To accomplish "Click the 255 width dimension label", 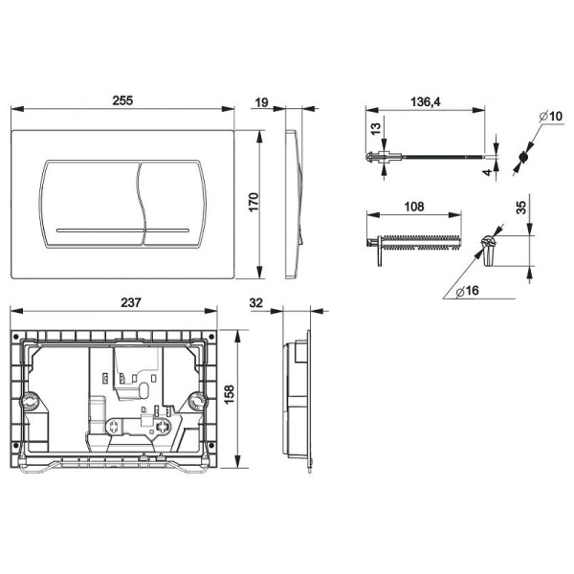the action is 122,100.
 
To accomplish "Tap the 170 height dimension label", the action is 254,202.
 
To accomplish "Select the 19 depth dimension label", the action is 262,102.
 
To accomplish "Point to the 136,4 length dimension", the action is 426,101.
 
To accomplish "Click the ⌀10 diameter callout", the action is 551,117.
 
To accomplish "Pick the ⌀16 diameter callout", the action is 468,291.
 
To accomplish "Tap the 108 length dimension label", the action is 414,207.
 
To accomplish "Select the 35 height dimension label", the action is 520,207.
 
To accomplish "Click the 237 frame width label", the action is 131,302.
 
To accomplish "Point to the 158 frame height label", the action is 230,394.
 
